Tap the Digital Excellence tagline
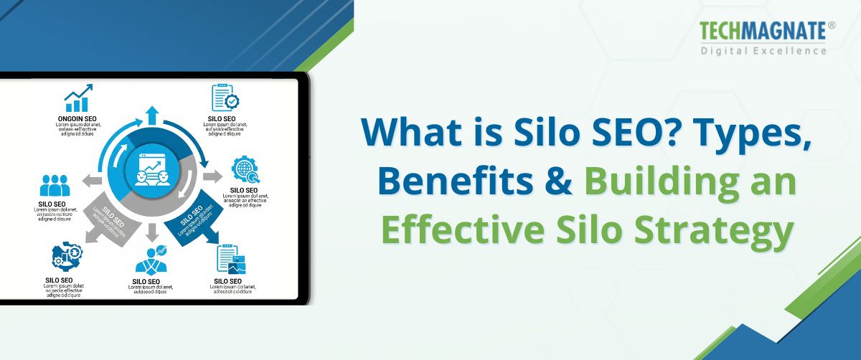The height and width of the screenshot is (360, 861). click(x=763, y=51)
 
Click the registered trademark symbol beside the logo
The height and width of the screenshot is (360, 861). click(x=831, y=24)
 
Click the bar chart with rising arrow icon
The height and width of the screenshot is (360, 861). click(x=78, y=98)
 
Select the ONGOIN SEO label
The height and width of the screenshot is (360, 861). click(x=77, y=118)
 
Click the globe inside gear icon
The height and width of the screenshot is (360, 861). click(x=244, y=171)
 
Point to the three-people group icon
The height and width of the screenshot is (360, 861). click(x=55, y=186)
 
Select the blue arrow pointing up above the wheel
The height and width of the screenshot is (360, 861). click(x=151, y=115)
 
